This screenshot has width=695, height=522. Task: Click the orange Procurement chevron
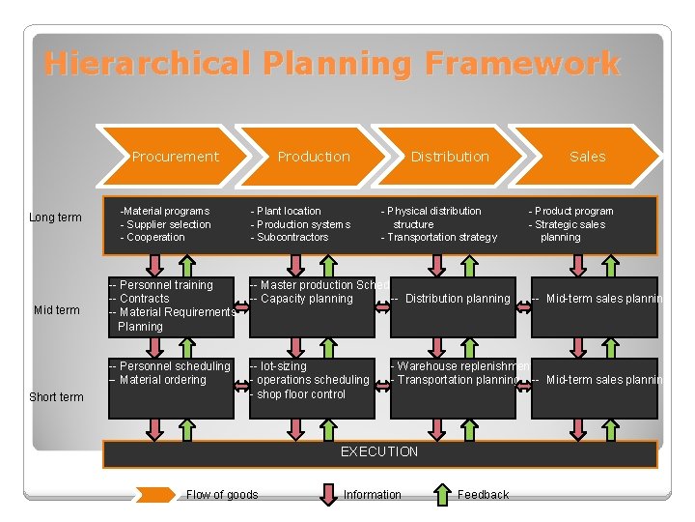coord(175,157)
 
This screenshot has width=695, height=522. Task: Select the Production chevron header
coord(314,157)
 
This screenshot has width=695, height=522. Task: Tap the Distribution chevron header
coord(450,157)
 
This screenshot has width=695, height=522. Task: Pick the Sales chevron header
coord(587,157)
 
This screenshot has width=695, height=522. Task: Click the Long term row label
coord(55,217)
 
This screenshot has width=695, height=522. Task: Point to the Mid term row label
coord(57,310)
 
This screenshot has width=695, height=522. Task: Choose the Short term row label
coord(56,397)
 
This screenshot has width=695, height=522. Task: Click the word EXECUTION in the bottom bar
coord(379,452)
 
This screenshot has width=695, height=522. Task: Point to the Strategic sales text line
coord(570,224)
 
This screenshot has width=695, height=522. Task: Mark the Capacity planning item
coord(304,299)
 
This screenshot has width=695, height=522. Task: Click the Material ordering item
coord(161,380)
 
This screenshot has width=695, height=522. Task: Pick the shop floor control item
coord(300,394)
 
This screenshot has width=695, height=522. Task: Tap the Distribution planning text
coord(456,299)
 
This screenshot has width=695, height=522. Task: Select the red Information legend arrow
coord(328,495)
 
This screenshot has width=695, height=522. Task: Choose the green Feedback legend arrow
coord(441,495)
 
